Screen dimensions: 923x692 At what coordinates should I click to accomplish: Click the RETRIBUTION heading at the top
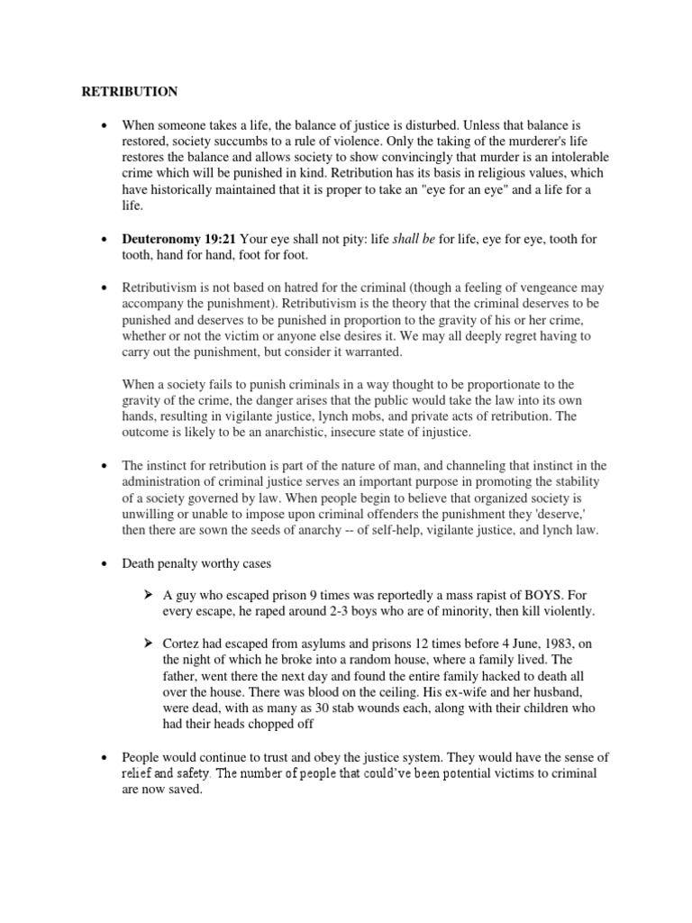[x=130, y=92]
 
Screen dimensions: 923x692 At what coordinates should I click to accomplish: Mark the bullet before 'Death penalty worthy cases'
[x=106, y=562]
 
